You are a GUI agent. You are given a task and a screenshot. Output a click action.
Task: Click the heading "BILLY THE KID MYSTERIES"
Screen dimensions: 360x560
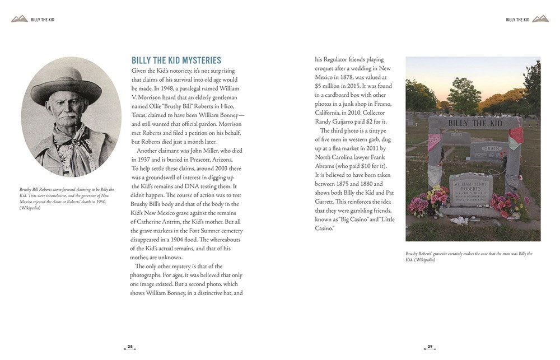[176, 60]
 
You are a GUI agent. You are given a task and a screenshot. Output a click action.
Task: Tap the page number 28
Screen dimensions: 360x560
[130, 347]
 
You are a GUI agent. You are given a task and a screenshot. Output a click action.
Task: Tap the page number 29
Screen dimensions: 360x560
[430, 347]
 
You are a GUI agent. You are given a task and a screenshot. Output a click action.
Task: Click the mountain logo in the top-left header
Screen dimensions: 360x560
[20, 19]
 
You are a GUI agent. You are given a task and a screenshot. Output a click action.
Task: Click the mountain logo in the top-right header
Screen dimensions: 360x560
[540, 19]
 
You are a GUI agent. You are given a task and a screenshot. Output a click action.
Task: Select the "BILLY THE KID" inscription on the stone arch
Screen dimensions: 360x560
[473, 123]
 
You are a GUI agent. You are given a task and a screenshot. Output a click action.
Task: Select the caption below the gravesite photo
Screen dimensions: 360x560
[469, 256]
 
